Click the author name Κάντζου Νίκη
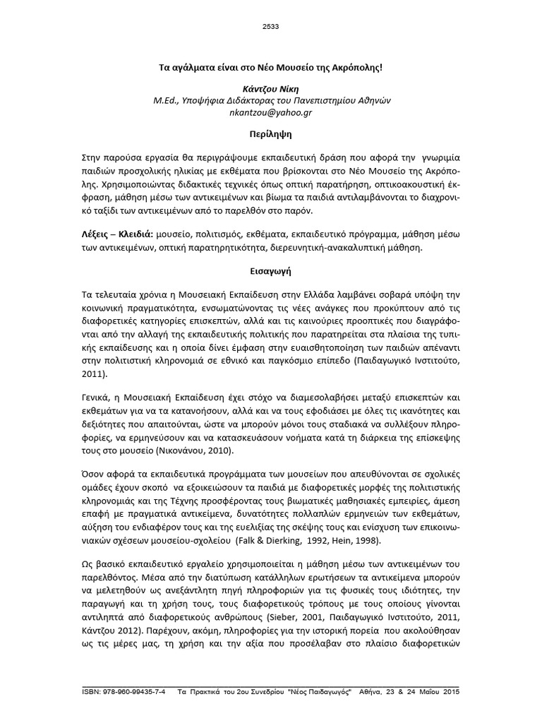tap(271, 90)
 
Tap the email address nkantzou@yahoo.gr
tap(271, 112)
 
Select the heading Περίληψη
tap(271, 133)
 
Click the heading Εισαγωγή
tap(271, 270)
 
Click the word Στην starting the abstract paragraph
tap(95, 155)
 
